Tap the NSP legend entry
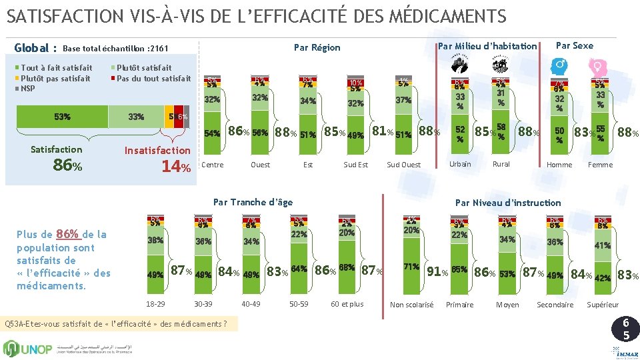tap(27, 89)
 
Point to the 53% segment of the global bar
tap(62, 117)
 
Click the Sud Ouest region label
tap(403, 165)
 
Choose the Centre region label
tap(213, 165)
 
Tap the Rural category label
tap(501, 164)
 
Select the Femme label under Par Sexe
tap(600, 165)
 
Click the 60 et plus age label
tap(347, 304)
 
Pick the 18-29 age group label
tap(155, 304)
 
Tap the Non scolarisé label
tap(411, 305)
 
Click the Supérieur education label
tap(603, 305)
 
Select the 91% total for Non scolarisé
tap(437, 272)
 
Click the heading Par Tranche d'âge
tap(253, 202)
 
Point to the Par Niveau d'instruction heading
tap(508, 203)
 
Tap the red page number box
tap(626, 329)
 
